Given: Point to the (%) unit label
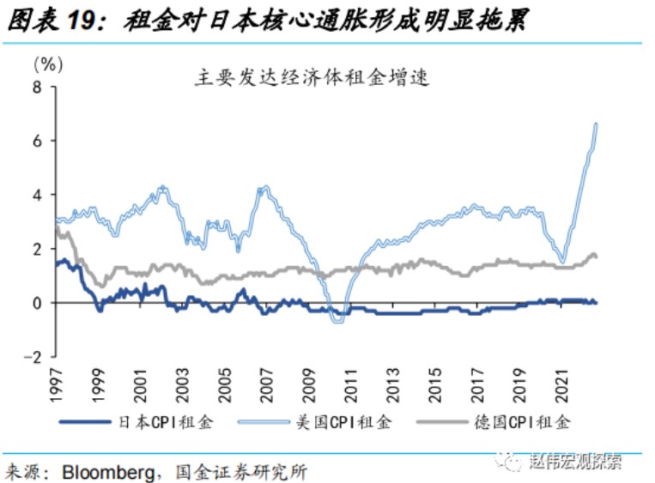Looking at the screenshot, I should point(47,63).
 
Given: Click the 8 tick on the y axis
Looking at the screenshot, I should point(37,87).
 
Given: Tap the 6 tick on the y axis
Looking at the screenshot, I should point(37,141).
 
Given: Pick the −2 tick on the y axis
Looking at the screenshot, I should point(33,357).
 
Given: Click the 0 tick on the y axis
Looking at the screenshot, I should point(37,303).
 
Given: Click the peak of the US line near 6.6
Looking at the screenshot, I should point(597,124).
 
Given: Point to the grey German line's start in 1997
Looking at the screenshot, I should point(56,227).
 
